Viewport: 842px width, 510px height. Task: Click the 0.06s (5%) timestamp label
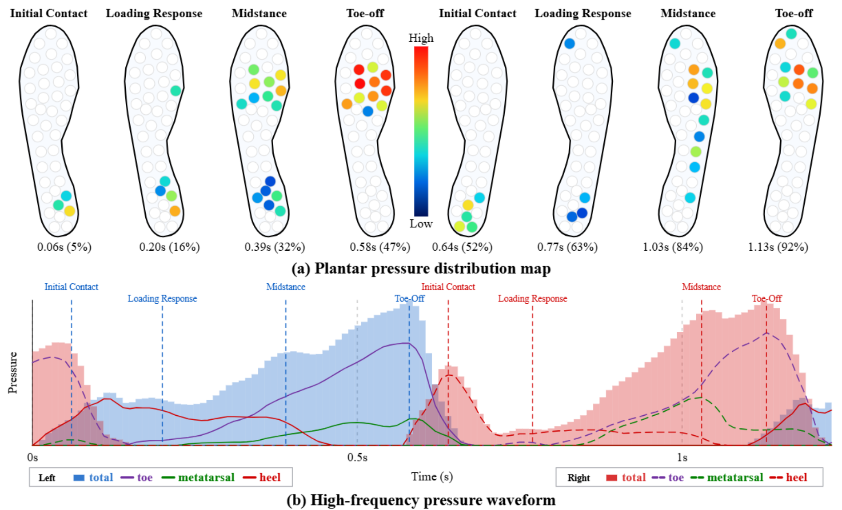pos(64,247)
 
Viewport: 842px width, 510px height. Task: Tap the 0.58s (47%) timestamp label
pos(380,247)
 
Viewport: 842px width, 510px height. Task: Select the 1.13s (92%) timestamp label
pos(778,247)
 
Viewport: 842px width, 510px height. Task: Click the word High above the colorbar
pos(421,38)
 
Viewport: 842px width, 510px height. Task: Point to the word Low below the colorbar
pos(421,223)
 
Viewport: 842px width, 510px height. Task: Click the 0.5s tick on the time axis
pos(357,457)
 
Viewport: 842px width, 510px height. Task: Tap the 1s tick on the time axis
pos(682,457)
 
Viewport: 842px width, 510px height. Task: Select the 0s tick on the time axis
pos(33,457)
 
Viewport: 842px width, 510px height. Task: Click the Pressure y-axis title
pos(13,373)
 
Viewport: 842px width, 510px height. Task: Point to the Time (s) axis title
pos(432,476)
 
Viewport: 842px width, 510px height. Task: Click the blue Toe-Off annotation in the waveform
pos(409,298)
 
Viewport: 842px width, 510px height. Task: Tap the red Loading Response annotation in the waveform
pos(532,298)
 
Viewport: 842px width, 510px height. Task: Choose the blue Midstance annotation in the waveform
pos(286,287)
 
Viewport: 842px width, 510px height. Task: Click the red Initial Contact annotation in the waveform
pos(448,287)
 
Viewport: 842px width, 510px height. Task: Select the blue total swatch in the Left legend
pos(79,478)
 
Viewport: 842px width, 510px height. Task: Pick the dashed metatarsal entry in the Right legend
pos(727,477)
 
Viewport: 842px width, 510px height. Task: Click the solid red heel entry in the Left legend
pos(262,477)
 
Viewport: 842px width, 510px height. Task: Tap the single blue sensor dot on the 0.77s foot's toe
pos(569,44)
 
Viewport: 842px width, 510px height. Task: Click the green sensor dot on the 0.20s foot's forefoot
pos(176,91)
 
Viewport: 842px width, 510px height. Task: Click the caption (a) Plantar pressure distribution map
pos(421,268)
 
